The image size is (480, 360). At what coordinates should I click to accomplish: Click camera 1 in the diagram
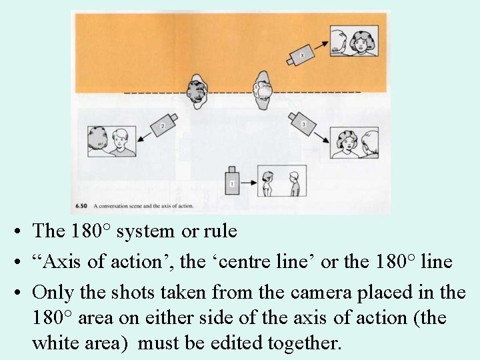pos(232,181)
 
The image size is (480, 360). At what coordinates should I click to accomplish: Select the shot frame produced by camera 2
pos(111,141)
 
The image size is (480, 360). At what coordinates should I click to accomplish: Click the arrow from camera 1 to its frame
pos(249,181)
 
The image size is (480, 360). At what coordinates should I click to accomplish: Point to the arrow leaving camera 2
pos(146,136)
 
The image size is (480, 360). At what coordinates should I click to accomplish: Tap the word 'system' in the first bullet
pos(145,231)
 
